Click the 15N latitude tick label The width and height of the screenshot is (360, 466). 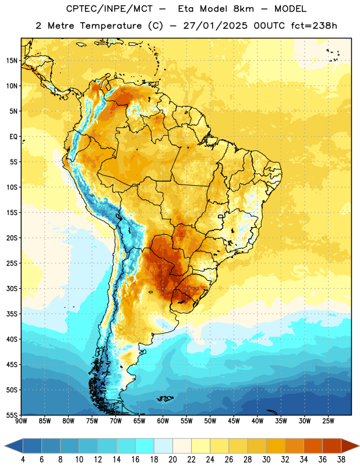click(11, 61)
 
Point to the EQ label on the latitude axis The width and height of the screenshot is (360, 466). click(13, 137)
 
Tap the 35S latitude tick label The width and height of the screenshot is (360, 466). click(12, 314)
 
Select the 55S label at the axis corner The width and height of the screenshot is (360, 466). click(12, 415)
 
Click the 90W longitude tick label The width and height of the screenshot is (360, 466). click(21, 421)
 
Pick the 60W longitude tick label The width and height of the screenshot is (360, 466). click(163, 421)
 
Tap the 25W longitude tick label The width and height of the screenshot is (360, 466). click(328, 421)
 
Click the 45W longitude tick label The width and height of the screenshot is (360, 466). click(234, 421)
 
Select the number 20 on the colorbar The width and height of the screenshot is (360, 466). click(172, 460)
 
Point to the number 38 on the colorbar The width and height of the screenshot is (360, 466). click(341, 460)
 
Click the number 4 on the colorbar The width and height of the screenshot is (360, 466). click(23, 460)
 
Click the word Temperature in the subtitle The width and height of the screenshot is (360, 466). click(111, 26)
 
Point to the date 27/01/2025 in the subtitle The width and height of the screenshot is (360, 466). click(215, 26)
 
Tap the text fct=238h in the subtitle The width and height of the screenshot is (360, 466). click(314, 26)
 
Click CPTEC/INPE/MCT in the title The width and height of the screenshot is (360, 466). click(110, 9)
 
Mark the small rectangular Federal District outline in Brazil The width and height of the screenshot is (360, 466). click(221, 216)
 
